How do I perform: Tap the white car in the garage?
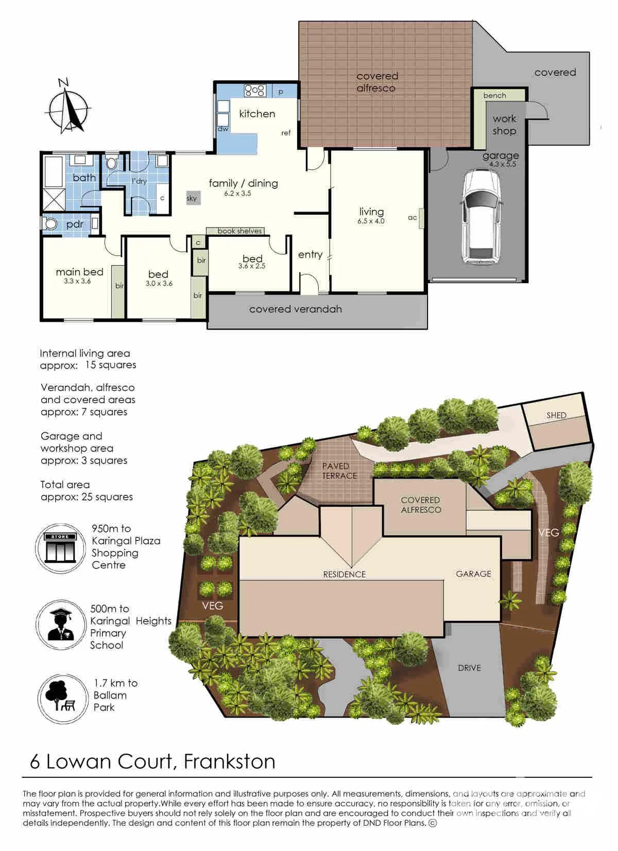482,217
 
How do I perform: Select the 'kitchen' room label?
257,114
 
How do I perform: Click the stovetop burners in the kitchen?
254,90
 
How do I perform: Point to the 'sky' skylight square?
192,198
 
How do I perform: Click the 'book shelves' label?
239,231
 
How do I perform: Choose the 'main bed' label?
79,272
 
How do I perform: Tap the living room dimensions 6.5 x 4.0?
371,221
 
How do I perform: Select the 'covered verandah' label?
295,309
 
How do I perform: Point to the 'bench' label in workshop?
494,95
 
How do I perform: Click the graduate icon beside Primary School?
61,624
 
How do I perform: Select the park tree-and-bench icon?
62,698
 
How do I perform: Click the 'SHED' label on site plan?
556,415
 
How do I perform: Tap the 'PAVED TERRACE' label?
339,471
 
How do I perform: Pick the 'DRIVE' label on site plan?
469,668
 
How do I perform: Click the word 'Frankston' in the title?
230,760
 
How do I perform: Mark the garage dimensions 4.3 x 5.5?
503,164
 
